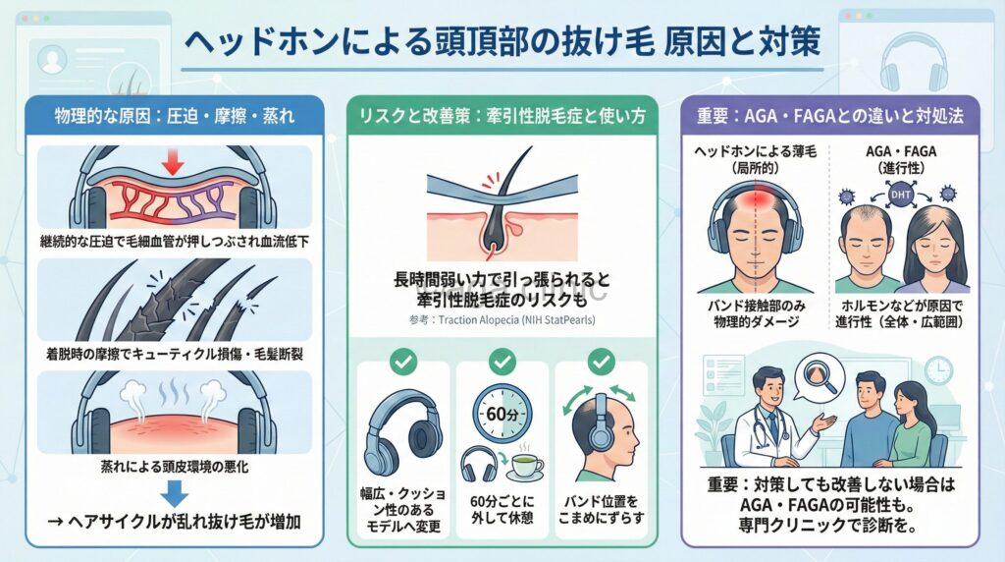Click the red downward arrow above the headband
tap(173, 161)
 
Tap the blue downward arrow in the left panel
tap(175, 494)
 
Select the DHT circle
tap(900, 195)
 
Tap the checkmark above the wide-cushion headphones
tap(403, 362)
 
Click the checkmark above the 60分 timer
tap(502, 362)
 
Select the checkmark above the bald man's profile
tap(602, 362)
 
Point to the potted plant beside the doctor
tap(712, 435)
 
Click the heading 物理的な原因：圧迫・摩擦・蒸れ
tap(175, 116)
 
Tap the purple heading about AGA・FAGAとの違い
tap(830, 116)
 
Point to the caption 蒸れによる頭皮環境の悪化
tap(175, 467)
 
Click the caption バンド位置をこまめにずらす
tap(602, 509)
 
